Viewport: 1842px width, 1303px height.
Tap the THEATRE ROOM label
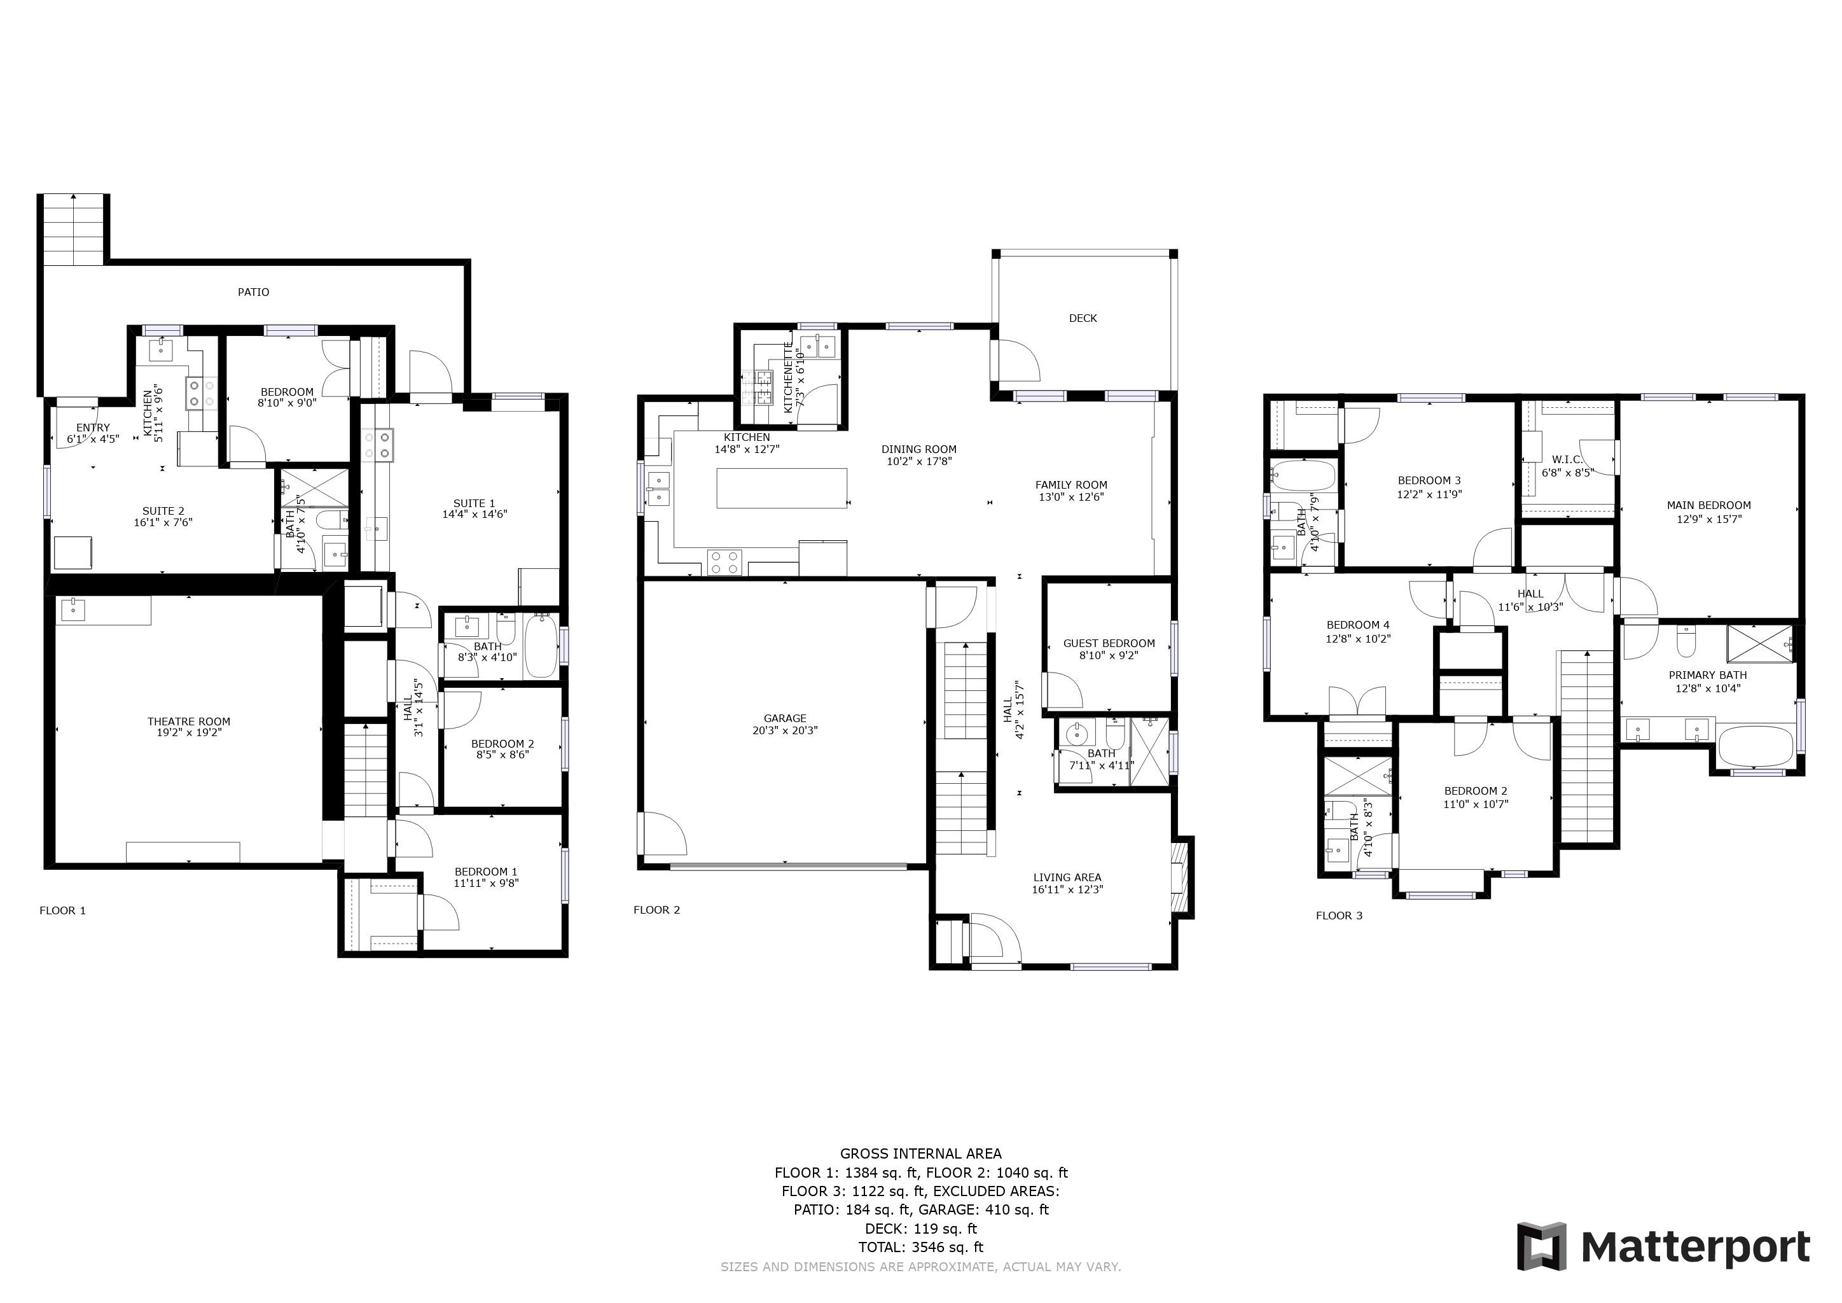188,721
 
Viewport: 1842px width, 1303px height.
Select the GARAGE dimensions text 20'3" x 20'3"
785,730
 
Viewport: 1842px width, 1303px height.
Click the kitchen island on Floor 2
782,488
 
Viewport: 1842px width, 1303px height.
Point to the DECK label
1083,319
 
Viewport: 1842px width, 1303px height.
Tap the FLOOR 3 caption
1338,916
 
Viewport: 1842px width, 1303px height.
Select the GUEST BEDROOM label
1109,643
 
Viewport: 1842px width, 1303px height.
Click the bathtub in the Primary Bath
1755,746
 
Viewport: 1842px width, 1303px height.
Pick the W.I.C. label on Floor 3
1567,460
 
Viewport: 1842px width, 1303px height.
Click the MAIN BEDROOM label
1708,505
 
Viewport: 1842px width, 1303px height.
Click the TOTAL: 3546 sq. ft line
920,1247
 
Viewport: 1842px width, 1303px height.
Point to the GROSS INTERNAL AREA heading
920,1153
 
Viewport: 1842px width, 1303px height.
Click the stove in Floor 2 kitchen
724,562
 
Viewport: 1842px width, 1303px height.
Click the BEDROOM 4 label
1357,625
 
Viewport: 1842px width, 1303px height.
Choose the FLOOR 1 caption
62,910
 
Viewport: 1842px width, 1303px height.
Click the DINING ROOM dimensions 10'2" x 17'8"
918,461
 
